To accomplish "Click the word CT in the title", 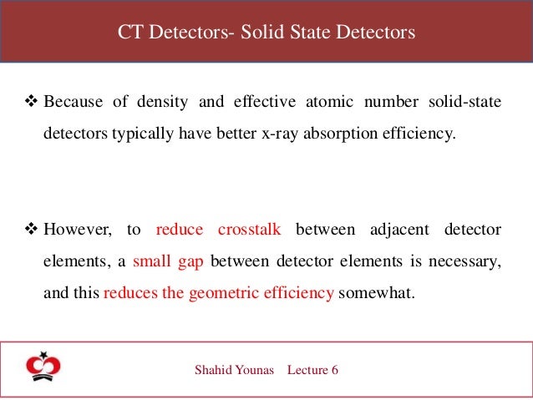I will [129, 33].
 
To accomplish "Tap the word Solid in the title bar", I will [260, 33].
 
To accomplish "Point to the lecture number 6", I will [334, 370].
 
